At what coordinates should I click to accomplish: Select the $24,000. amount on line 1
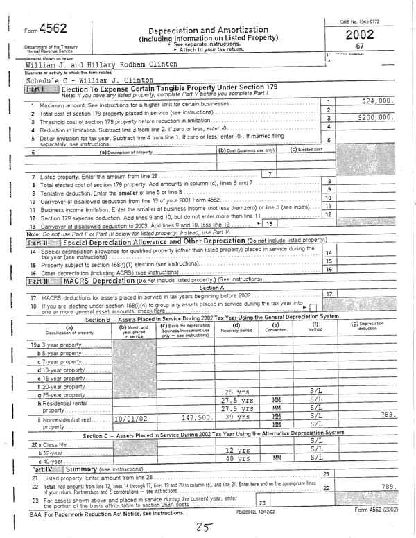tap(378, 101)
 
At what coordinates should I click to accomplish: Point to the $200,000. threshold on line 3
tap(375, 118)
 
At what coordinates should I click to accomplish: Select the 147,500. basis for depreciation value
tap(196, 418)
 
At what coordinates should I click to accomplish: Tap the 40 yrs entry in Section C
tap(238, 459)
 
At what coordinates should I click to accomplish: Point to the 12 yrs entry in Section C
tap(238, 450)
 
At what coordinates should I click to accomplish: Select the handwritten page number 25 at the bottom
tap(204, 527)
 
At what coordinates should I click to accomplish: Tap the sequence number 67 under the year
tap(360, 46)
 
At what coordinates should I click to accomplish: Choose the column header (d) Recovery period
tap(236, 328)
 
